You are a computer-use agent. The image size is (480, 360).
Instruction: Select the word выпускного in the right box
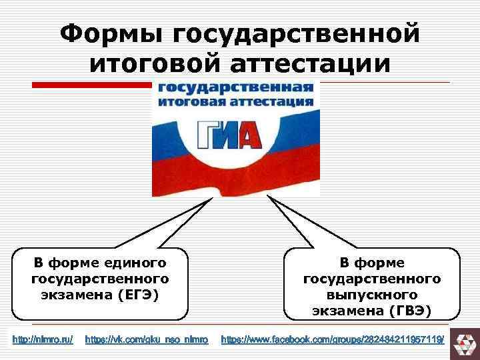click(x=372, y=294)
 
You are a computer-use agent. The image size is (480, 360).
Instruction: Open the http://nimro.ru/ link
click(x=43, y=340)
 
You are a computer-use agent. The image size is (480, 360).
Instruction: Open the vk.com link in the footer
click(x=147, y=340)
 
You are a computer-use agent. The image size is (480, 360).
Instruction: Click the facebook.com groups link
click(x=332, y=340)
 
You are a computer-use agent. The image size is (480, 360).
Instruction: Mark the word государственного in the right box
click(x=372, y=277)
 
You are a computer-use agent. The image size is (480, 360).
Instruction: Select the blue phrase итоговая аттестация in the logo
click(x=235, y=102)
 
